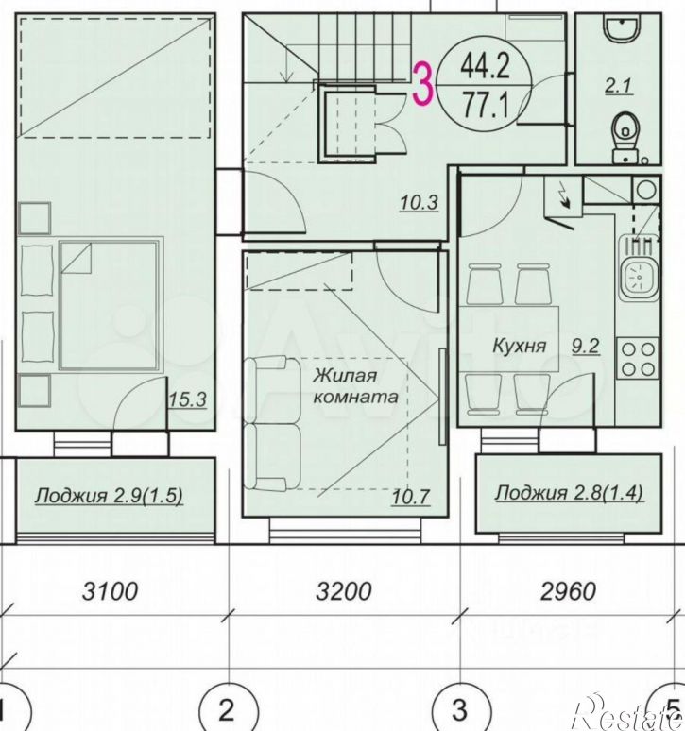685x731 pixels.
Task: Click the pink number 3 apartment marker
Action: (x=424, y=83)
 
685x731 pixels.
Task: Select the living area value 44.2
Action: (x=485, y=65)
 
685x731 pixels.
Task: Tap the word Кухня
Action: (x=520, y=346)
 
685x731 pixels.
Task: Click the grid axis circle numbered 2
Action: (x=226, y=706)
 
